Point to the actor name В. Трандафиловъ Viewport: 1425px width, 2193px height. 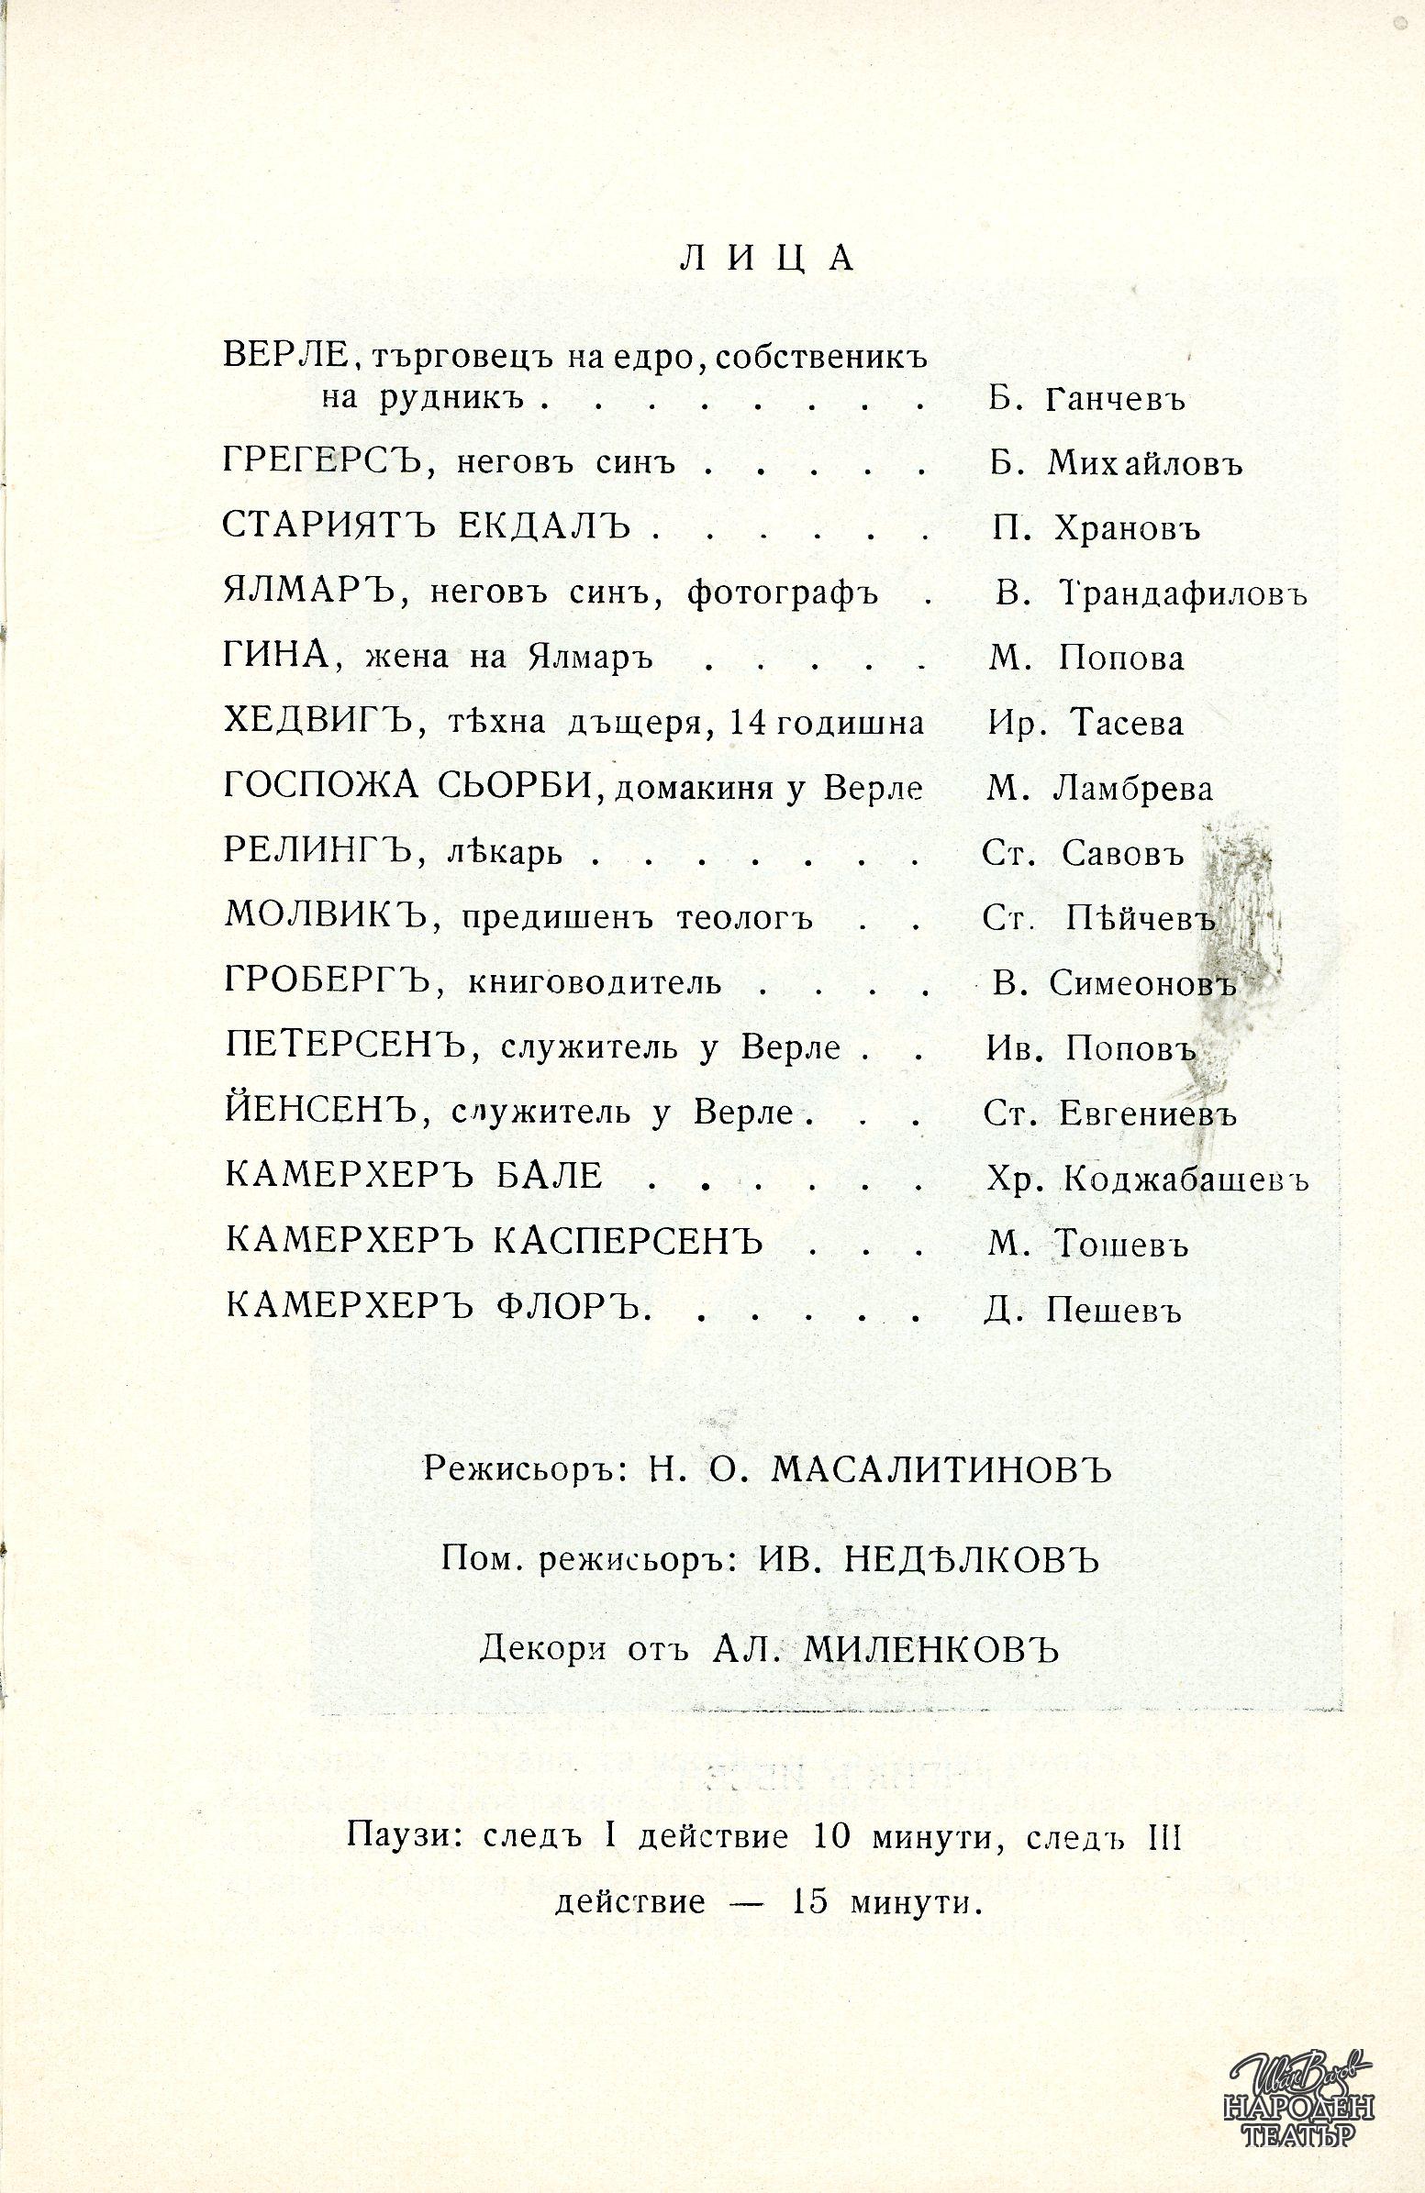coord(1152,594)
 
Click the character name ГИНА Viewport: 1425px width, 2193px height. coord(277,658)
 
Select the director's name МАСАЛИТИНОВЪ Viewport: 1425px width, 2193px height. coord(941,1471)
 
